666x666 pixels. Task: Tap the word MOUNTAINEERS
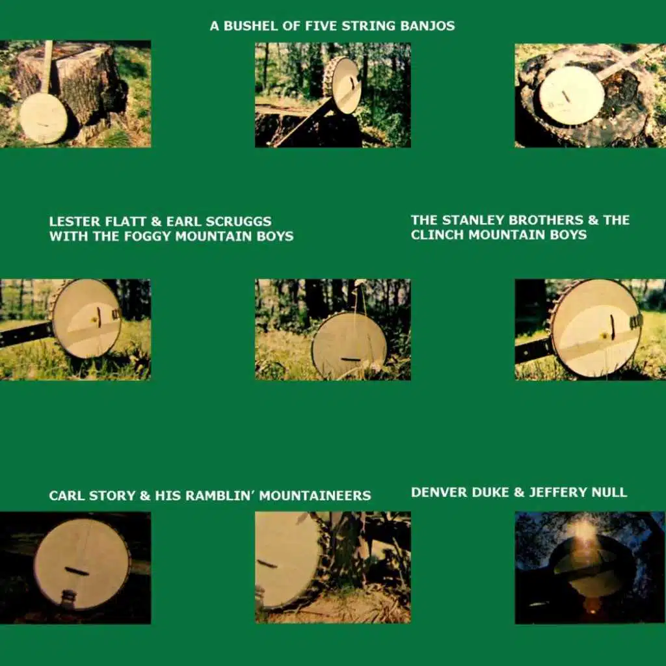315,495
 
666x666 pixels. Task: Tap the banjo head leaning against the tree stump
44,118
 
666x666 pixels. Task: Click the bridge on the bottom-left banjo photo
77,570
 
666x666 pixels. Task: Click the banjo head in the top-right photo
571,96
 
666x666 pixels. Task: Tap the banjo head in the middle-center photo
349,345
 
